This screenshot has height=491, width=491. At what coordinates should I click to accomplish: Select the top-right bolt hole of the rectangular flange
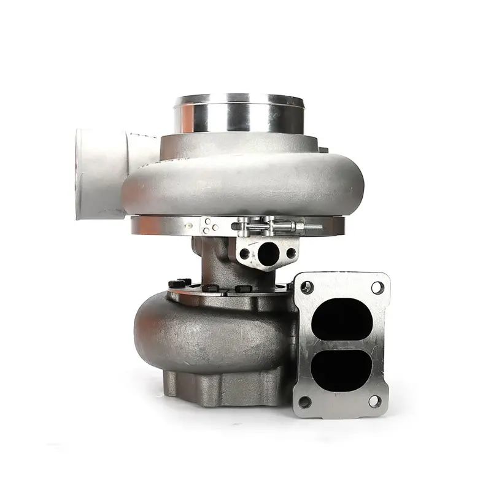377,287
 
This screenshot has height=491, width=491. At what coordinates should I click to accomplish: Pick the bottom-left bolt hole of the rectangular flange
304,402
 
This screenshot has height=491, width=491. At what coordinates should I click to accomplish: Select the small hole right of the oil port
291,252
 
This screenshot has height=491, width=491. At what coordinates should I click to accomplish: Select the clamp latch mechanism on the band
264,226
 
